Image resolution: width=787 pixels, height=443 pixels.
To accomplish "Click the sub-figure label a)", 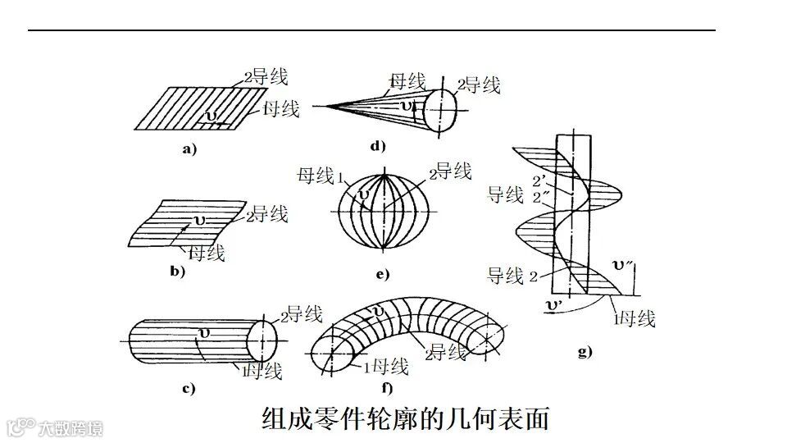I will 189,149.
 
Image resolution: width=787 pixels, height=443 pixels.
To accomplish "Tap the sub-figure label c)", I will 188,389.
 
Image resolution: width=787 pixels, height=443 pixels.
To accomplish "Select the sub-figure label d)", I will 377,147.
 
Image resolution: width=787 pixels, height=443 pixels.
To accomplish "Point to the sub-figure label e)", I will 382,274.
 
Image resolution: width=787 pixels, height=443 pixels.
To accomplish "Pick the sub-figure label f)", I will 387,389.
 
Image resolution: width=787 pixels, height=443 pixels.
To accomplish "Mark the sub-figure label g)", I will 585,353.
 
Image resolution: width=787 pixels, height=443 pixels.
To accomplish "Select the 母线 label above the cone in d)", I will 407,81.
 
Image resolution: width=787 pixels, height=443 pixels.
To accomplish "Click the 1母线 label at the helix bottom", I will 634,318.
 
